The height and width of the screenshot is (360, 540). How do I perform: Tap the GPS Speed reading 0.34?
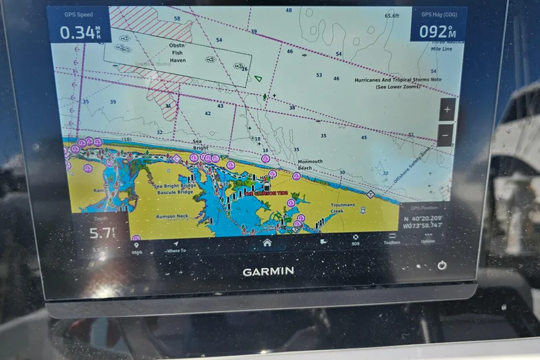76,32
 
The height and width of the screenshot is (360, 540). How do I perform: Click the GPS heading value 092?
434,32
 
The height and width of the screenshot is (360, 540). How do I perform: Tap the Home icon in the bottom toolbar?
267,242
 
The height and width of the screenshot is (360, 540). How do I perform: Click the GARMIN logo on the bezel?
268,271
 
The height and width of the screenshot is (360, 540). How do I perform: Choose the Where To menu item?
176,247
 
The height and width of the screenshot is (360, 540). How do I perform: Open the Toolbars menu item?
391,239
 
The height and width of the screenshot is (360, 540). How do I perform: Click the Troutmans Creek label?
347,208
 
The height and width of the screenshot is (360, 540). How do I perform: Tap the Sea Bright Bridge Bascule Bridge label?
173,189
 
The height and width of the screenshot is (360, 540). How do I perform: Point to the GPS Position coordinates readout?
424,222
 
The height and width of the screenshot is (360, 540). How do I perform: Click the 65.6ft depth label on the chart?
391,16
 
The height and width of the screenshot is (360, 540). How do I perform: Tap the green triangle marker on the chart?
258,78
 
